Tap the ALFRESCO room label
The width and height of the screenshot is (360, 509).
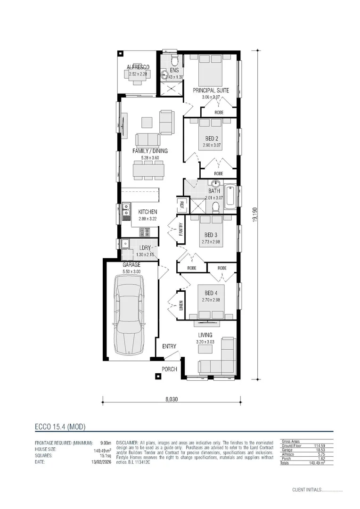click(x=138, y=67)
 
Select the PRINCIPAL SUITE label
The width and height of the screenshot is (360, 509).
click(x=211, y=90)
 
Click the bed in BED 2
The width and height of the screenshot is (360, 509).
click(x=211, y=134)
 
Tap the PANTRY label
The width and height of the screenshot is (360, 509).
click(x=180, y=230)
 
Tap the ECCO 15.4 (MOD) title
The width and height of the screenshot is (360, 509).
click(x=60, y=427)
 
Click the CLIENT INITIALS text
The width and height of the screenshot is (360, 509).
click(x=306, y=490)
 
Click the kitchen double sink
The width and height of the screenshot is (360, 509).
click(x=126, y=212)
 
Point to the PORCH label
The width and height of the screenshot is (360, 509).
click(x=169, y=369)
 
